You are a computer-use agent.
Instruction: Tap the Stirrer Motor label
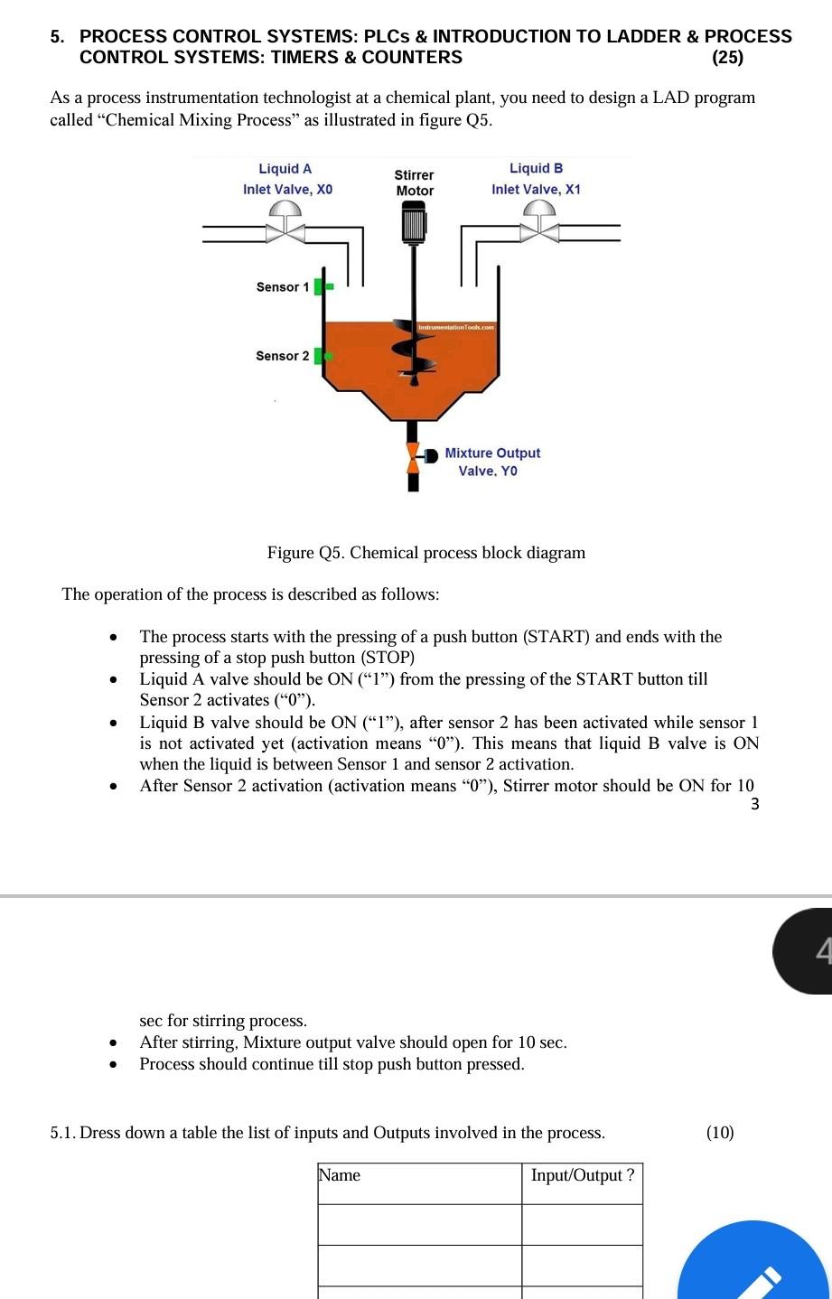[x=415, y=182]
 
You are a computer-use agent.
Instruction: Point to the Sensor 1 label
[x=282, y=287]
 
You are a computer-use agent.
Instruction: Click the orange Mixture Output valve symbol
[x=414, y=458]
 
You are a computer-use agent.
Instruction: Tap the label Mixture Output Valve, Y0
[x=491, y=462]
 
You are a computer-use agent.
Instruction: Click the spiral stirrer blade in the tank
[x=413, y=348]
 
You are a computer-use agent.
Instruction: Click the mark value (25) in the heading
[x=727, y=58]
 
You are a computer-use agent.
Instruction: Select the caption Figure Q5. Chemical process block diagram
[x=425, y=553]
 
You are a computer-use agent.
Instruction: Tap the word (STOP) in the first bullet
[x=387, y=658]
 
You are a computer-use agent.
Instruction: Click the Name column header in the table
[x=340, y=1175]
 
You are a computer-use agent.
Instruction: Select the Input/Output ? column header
[x=583, y=1175]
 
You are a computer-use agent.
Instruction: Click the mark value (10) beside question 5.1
[x=720, y=1133]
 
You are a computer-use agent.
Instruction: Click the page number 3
[x=755, y=804]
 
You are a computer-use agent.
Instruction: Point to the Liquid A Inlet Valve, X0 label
[x=287, y=179]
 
